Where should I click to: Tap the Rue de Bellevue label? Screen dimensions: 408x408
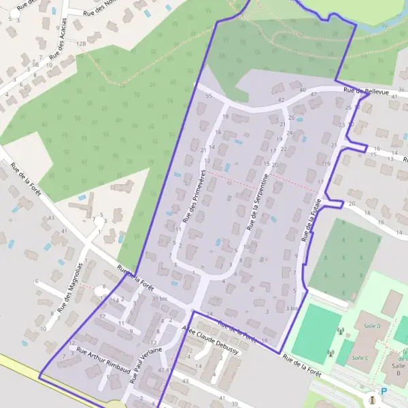pyautogui.click(x=366, y=90)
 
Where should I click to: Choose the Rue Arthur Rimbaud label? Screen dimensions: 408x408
pyautogui.click(x=102, y=360)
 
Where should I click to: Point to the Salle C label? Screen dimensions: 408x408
pyautogui.click(x=360, y=358)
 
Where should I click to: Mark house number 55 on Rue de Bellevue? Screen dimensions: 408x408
pyautogui.click(x=208, y=96)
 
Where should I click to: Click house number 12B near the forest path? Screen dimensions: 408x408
pyautogui.click(x=82, y=44)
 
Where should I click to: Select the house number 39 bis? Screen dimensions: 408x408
pyautogui.click(x=159, y=299)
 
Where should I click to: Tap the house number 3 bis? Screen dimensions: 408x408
pyautogui.click(x=292, y=308)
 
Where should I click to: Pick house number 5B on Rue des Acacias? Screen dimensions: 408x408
pyautogui.click(x=35, y=64)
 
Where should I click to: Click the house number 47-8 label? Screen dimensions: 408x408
pyautogui.click(x=163, y=370)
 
